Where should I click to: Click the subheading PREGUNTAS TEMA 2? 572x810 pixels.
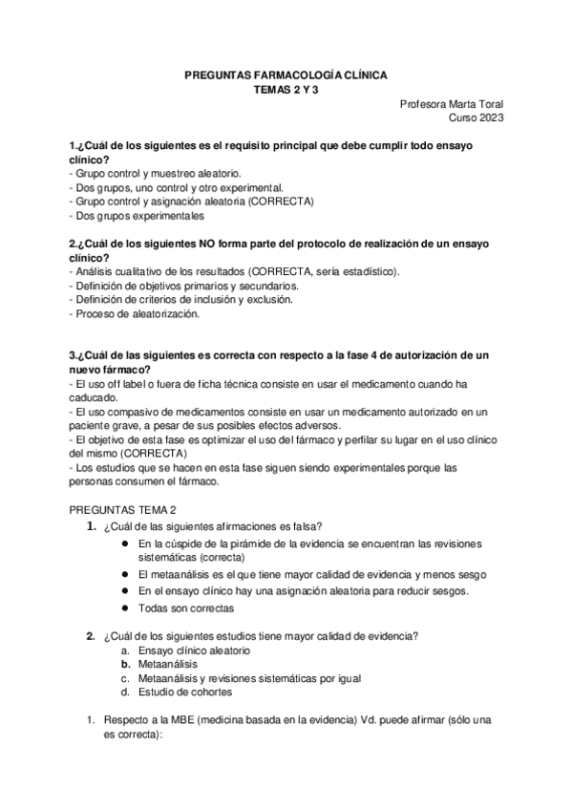[x=122, y=511]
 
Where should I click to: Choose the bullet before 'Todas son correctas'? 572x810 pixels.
[x=126, y=608]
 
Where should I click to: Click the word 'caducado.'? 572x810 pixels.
[x=94, y=396]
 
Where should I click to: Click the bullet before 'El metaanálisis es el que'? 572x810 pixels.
[x=126, y=574]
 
